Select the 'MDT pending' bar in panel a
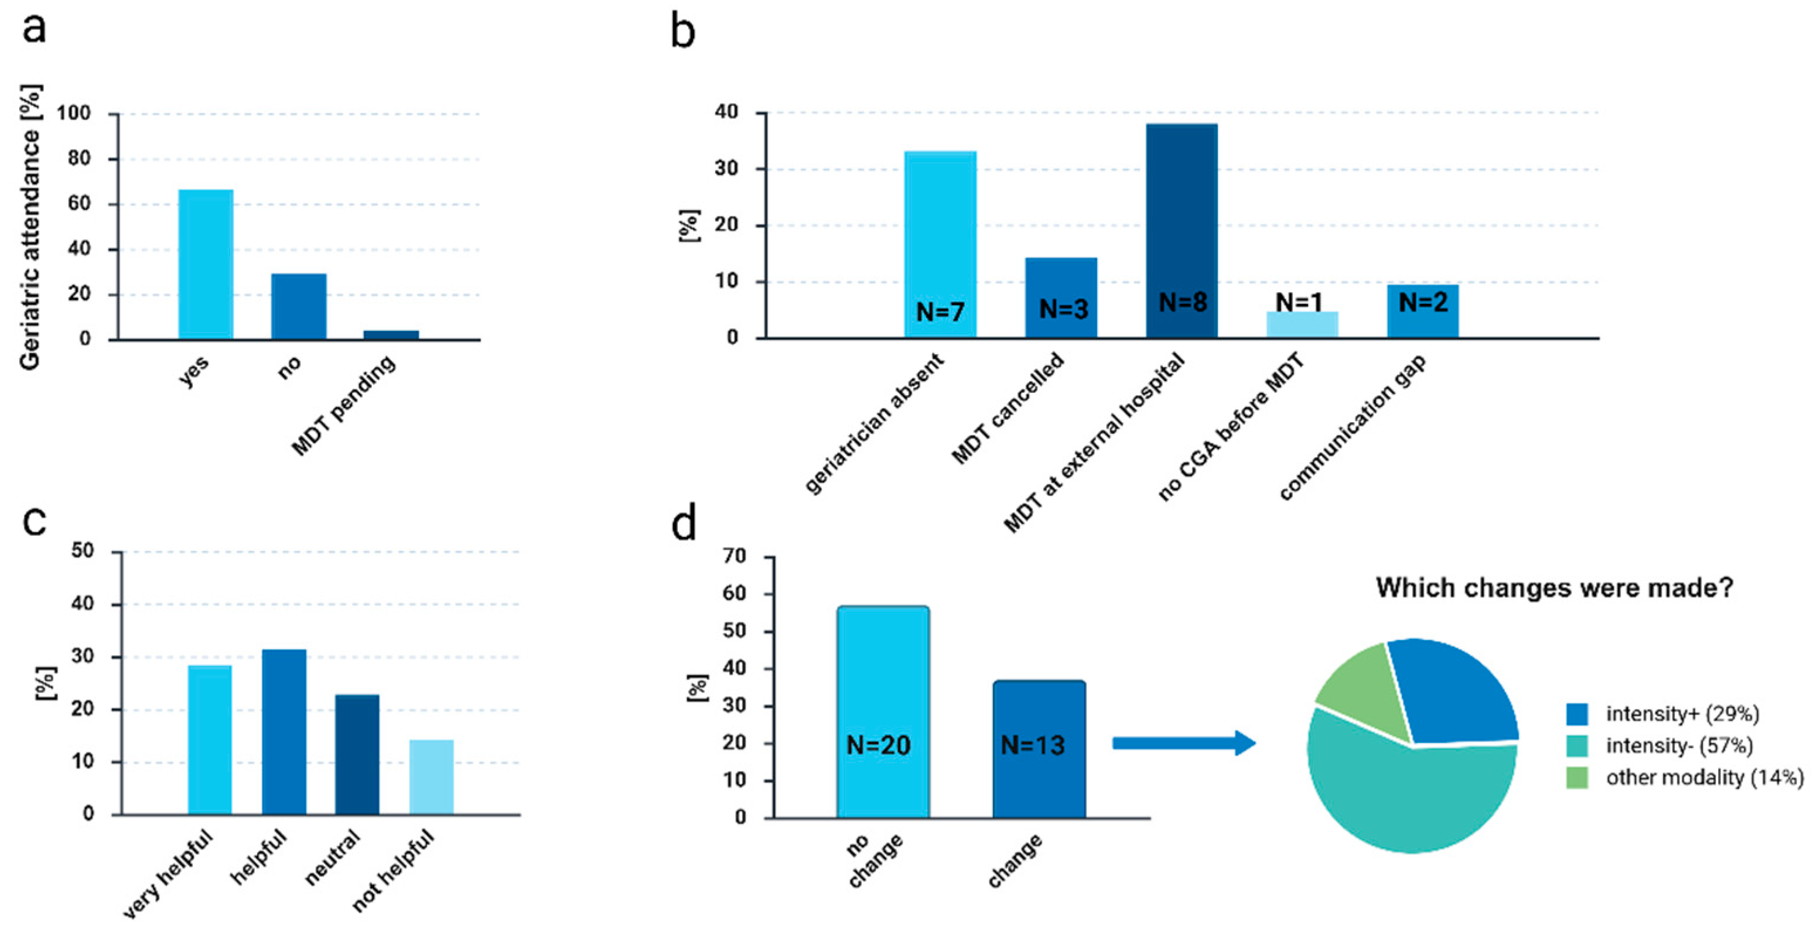(x=391, y=335)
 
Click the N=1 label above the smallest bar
(x=1299, y=302)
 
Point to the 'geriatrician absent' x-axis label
(x=875, y=423)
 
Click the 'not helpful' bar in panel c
(x=431, y=777)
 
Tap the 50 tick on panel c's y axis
(x=83, y=551)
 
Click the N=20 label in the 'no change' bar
(x=878, y=745)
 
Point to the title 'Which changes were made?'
(x=1554, y=587)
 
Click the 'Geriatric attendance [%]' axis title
(x=30, y=227)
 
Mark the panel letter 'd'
(x=684, y=523)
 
